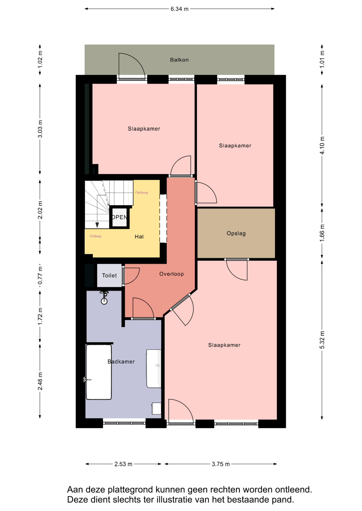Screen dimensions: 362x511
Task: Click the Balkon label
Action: pyautogui.click(x=179, y=60)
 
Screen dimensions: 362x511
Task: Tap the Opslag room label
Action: pyautogui.click(x=236, y=233)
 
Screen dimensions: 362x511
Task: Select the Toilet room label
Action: pyautogui.click(x=109, y=275)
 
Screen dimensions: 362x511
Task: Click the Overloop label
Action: pyautogui.click(x=171, y=274)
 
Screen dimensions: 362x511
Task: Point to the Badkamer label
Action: pyautogui.click(x=121, y=361)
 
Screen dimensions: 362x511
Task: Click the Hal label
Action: pyautogui.click(x=139, y=237)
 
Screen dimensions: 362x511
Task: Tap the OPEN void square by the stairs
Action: pyautogui.click(x=119, y=217)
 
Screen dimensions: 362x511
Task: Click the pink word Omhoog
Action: pyautogui.click(x=142, y=192)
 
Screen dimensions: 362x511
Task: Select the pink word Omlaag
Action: pyautogui.click(x=95, y=236)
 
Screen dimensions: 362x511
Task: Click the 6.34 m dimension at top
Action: pyautogui.click(x=179, y=9)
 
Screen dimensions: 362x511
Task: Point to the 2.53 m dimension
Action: pyautogui.click(x=123, y=464)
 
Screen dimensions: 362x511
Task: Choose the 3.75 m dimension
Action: pyautogui.click(x=221, y=464)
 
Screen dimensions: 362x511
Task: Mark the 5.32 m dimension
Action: pyautogui.click(x=322, y=340)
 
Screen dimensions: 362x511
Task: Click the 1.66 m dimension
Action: pyautogui.click(x=322, y=233)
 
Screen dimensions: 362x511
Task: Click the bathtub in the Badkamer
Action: pyautogui.click(x=99, y=372)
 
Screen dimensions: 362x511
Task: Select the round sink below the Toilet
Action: pyautogui.click(x=104, y=301)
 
